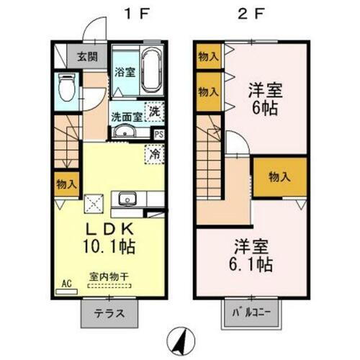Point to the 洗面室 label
125,114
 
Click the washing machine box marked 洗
155,112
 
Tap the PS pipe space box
159,134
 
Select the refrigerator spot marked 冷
154,153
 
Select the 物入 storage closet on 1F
66,184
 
